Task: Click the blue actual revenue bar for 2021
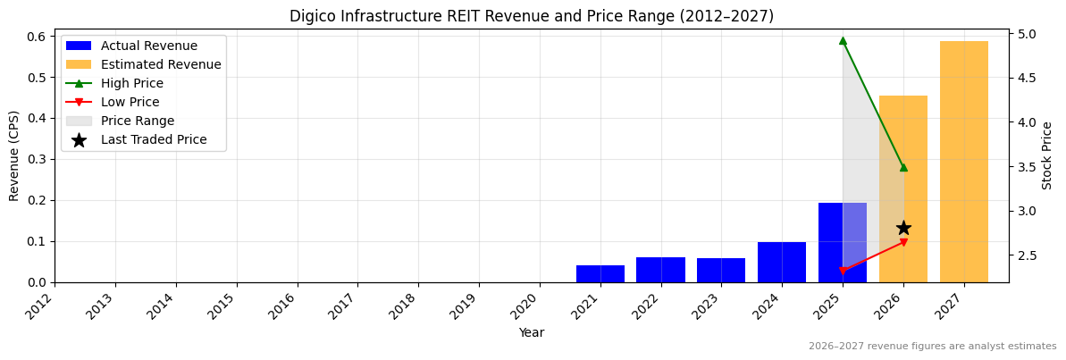[x=600, y=274]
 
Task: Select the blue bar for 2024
[x=782, y=263]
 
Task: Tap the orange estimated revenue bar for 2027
[x=963, y=162]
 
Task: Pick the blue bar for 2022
[x=660, y=270]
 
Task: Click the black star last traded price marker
[x=903, y=228]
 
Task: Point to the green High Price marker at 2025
[x=843, y=40]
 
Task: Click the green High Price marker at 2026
[x=903, y=167]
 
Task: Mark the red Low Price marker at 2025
[x=843, y=271]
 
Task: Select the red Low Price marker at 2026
[x=903, y=242]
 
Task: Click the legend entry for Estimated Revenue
[x=161, y=64]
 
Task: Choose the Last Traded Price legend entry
[x=154, y=139]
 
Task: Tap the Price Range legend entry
[x=138, y=121]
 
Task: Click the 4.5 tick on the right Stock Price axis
[x=1025, y=78]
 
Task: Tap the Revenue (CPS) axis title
[x=14, y=155]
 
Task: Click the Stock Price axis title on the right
[x=1047, y=155]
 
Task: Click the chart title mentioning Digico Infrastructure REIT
[x=532, y=16]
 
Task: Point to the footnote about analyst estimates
[x=932, y=347]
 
